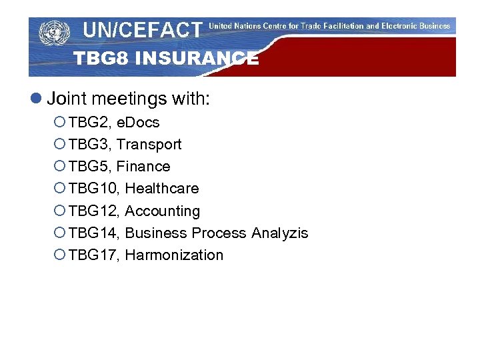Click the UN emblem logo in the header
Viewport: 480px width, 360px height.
[54, 33]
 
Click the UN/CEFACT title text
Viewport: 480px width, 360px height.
[142, 30]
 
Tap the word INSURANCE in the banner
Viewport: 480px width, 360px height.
[197, 59]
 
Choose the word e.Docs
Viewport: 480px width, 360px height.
[138, 123]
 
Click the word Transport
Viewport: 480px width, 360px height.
[149, 145]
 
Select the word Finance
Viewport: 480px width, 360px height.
[143, 167]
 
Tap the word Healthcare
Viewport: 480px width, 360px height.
[162, 189]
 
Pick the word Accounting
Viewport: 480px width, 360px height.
[163, 211]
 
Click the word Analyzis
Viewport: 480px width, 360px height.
[279, 233]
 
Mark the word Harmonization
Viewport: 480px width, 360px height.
[174, 255]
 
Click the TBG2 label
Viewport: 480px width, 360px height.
[90, 123]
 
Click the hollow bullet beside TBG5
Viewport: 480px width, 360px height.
[59, 167]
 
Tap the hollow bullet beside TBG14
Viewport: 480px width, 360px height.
[59, 233]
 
